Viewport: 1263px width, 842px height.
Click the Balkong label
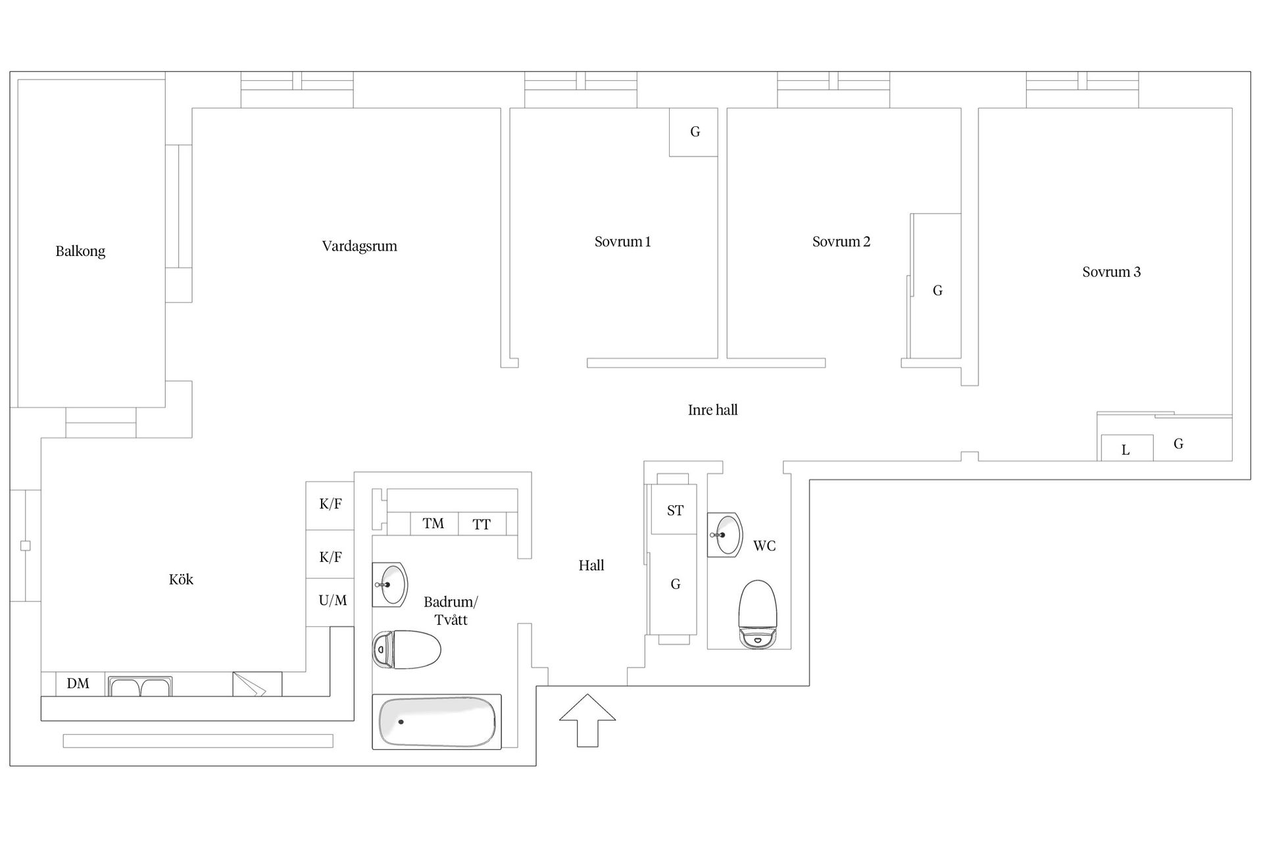pos(80,251)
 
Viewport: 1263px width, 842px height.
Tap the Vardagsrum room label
pos(359,246)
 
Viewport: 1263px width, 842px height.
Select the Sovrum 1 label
pos(622,241)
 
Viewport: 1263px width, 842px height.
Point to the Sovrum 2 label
pos(841,241)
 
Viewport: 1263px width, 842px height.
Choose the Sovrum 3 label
pos(1111,272)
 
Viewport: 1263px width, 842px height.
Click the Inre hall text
pos(712,410)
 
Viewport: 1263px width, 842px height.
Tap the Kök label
pos(181,580)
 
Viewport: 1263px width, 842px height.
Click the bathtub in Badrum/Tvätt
pos(437,722)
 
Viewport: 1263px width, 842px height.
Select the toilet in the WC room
pos(758,613)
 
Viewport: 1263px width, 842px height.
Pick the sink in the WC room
pos(725,535)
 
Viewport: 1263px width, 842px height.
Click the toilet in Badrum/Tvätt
pos(407,649)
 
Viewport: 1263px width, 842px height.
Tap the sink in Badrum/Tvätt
pos(390,584)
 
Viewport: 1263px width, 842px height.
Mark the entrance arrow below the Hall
pos(587,720)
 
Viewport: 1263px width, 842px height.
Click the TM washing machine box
pos(433,524)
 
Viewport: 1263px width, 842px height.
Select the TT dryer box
pos(482,524)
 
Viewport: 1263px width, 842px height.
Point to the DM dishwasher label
pos(78,683)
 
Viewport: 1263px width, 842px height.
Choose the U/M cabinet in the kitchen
pos(333,601)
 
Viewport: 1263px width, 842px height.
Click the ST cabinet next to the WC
pos(675,510)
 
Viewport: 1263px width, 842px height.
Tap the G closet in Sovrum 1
pos(694,132)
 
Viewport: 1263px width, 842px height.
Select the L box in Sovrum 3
pos(1126,450)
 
